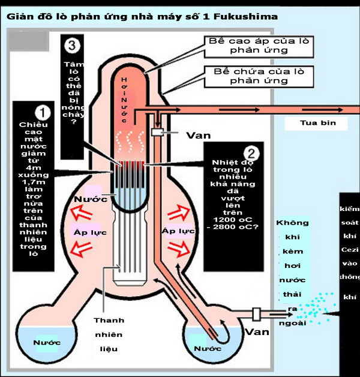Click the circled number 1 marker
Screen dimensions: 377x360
(43, 112)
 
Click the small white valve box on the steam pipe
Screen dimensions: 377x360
(157, 131)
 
